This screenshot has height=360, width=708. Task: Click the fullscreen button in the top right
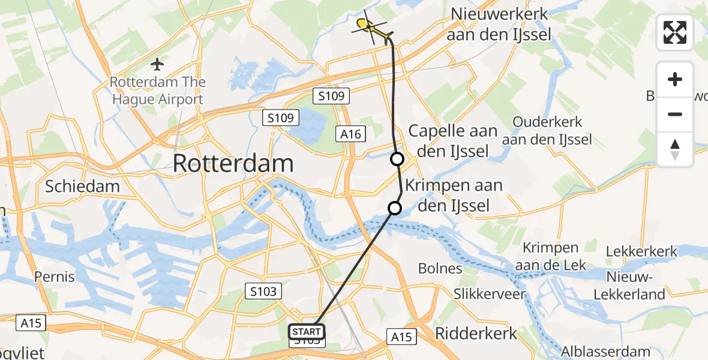coord(675,32)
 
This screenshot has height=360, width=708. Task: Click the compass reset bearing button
coord(675,149)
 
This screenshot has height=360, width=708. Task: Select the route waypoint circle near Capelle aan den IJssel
coord(397,159)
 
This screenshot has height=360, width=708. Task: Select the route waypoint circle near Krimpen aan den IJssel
coord(394,208)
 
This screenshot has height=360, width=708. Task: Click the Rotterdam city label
coord(233,163)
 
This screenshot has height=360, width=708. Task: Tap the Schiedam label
coord(82,186)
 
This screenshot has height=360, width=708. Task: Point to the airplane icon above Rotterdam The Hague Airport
coord(157,63)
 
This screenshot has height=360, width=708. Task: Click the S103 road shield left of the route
coord(263,292)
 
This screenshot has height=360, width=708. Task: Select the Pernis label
coord(55,277)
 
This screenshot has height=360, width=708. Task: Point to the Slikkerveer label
coord(490,294)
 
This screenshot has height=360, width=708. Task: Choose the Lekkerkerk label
coord(642,251)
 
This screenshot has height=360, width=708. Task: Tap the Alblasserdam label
coord(605,351)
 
